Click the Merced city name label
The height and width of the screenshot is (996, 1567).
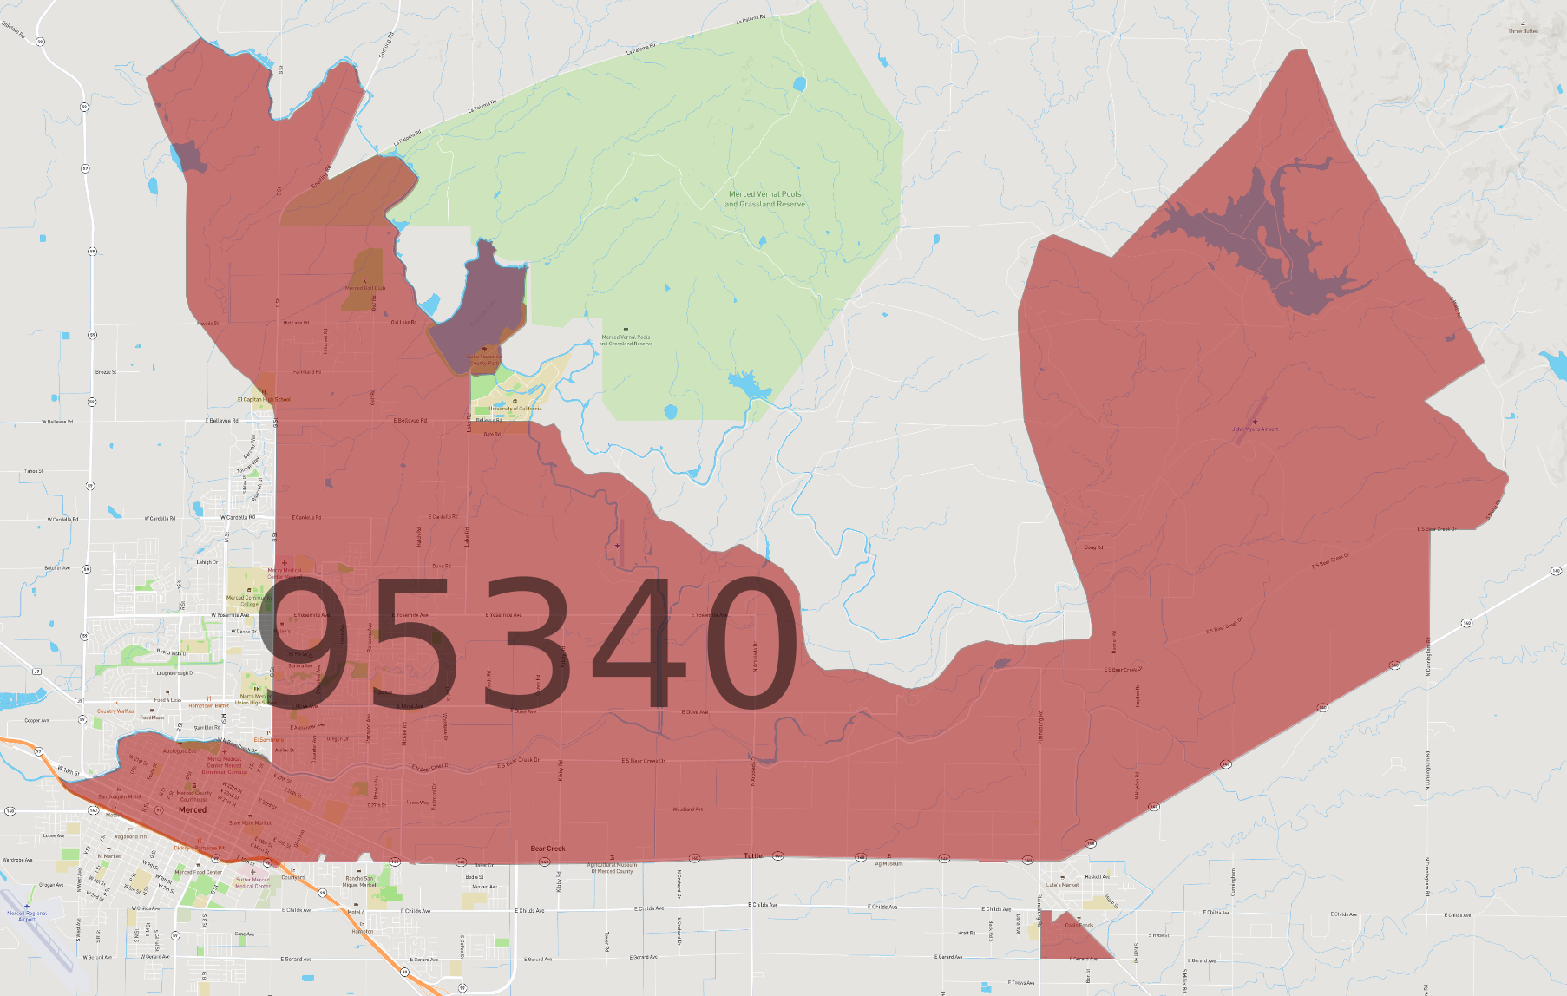193,809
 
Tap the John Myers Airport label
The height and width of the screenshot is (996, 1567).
1255,429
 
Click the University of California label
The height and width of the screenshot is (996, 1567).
515,409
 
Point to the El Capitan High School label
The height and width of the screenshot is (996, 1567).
265,400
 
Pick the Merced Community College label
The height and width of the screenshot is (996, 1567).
249,600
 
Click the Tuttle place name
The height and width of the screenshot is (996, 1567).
753,855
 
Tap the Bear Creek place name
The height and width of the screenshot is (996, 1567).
547,849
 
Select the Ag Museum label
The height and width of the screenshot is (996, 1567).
888,863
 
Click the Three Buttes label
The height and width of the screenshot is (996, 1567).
1523,31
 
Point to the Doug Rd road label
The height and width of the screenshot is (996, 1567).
1093,547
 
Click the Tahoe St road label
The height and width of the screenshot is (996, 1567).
34,471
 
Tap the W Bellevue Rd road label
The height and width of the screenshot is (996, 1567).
58,422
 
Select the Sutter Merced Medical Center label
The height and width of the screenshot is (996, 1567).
252,882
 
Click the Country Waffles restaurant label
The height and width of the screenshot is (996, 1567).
115,711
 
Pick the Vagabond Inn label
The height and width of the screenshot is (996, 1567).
130,836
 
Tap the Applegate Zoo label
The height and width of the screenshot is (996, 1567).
180,750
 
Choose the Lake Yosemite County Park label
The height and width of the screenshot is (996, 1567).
485,359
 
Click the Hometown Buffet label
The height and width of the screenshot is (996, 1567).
209,705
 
